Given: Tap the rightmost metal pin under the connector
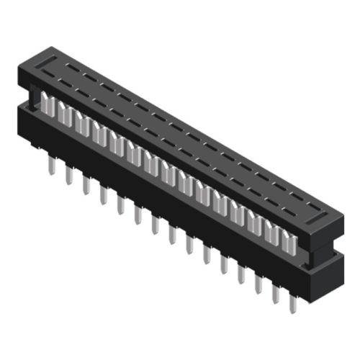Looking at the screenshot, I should pos(292,303).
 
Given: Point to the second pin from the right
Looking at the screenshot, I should pos(274,294).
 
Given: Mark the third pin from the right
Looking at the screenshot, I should pos(257,284).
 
